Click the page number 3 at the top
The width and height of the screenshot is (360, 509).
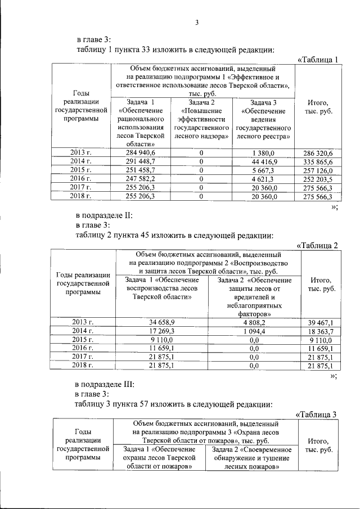point(197,22)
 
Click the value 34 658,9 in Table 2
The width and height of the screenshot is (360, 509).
point(162,322)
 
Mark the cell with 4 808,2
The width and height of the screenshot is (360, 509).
point(254,322)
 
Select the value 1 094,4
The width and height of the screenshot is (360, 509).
point(254,331)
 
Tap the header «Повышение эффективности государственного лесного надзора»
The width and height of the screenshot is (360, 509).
point(201,119)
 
